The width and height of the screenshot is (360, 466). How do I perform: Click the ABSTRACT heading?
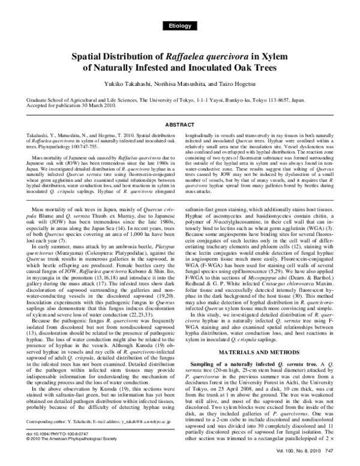point(179,125)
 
